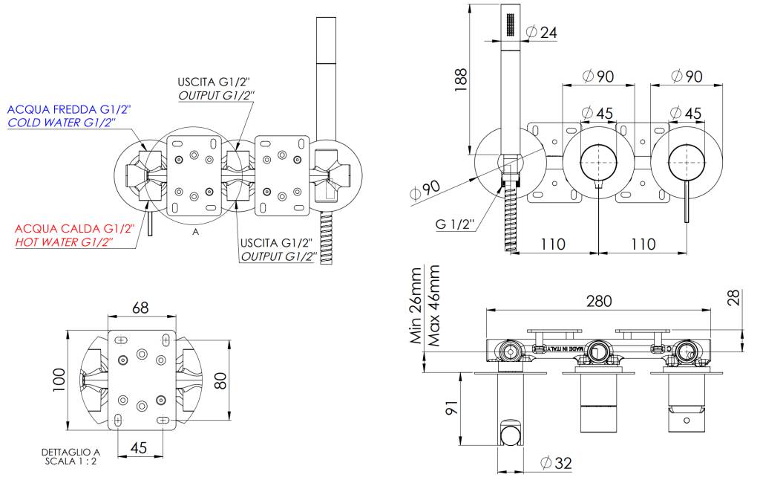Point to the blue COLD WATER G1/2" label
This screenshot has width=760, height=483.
[x=61, y=123]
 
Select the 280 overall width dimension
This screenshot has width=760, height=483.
[x=598, y=301]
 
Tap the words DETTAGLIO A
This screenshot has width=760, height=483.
[x=71, y=451]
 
